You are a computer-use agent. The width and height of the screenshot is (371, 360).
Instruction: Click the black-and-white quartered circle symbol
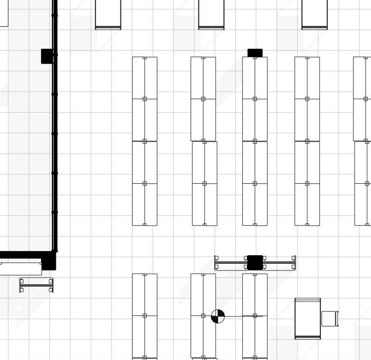tap(218, 316)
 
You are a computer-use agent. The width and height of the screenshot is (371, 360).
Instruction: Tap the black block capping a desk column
tap(255, 53)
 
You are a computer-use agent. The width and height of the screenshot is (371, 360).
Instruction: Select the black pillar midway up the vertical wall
tap(47, 56)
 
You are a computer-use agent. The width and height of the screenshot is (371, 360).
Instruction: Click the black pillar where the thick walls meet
tap(48, 261)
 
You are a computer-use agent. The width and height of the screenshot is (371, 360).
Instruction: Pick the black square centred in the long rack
tap(255, 263)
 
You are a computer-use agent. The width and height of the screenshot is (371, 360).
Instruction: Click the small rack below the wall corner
tap(36, 285)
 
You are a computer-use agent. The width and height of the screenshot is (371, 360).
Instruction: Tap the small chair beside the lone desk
tap(329, 319)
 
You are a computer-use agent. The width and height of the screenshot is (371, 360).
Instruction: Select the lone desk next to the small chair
tap(308, 318)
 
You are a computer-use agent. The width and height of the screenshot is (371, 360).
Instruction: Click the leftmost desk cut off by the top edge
tap(108, 14)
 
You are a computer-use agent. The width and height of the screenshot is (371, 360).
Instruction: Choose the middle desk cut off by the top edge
tap(211, 14)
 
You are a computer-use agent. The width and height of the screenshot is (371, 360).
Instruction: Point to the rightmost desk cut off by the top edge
tap(315, 14)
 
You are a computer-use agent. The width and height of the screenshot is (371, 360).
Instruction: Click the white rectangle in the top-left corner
tap(4, 13)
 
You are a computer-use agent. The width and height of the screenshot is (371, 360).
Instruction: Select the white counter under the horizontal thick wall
tap(21, 268)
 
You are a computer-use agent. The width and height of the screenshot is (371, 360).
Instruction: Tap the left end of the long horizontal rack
tap(217, 263)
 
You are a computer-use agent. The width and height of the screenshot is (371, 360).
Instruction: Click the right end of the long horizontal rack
tap(294, 263)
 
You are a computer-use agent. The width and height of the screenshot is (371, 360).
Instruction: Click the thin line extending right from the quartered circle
tap(234, 316)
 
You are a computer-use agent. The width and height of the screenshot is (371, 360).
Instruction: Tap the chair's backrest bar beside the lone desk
tap(337, 319)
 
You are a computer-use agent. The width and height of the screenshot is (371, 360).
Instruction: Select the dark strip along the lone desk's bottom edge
tap(308, 337)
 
